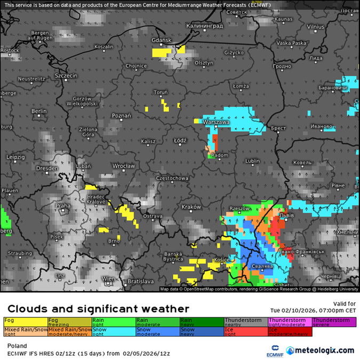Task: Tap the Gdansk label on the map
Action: pyautogui.click(x=161, y=41)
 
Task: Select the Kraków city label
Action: pyautogui.click(x=190, y=207)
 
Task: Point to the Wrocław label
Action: pyautogui.click(x=124, y=166)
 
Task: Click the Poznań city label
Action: pyautogui.click(x=122, y=116)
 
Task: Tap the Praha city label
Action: pyautogui.click(x=63, y=205)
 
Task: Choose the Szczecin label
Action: pyautogui.click(x=66, y=76)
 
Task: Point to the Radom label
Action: pyautogui.click(x=220, y=155)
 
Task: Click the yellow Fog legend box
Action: pyautogui.click(x=25, y=321)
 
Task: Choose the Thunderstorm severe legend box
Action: pyautogui.click(x=334, y=321)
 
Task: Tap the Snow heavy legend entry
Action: pyautogui.click(x=201, y=331)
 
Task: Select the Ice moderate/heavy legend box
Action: pyautogui.click(x=290, y=331)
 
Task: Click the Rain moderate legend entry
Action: pyautogui.click(x=157, y=321)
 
